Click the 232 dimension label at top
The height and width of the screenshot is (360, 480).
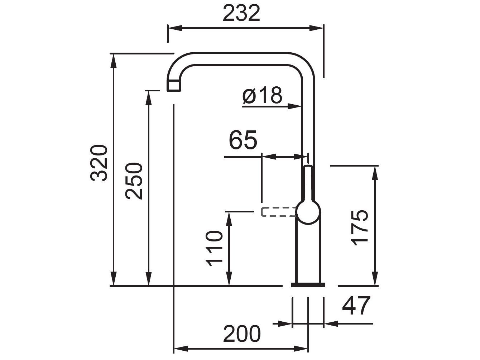click(241, 14)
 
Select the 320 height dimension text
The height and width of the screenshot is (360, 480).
click(99, 163)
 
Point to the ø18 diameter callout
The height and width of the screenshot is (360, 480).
click(263, 96)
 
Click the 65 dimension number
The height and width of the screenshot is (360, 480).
click(243, 140)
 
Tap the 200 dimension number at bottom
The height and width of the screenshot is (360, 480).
click(241, 334)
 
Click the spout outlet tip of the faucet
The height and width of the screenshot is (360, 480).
click(173, 86)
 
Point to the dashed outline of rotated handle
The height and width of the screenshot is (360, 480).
click(278, 212)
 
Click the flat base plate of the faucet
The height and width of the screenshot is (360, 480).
click(308, 285)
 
